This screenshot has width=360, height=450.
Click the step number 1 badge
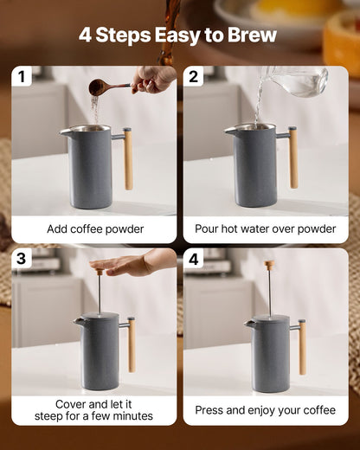22,77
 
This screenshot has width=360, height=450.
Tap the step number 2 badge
194,77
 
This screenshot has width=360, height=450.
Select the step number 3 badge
22,259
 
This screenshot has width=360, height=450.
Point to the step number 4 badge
194,259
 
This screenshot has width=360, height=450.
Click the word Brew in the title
249,35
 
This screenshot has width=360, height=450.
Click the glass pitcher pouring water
299,81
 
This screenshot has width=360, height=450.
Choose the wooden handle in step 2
292,157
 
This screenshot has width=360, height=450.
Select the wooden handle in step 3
131,344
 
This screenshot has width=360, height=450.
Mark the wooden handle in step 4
302,346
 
